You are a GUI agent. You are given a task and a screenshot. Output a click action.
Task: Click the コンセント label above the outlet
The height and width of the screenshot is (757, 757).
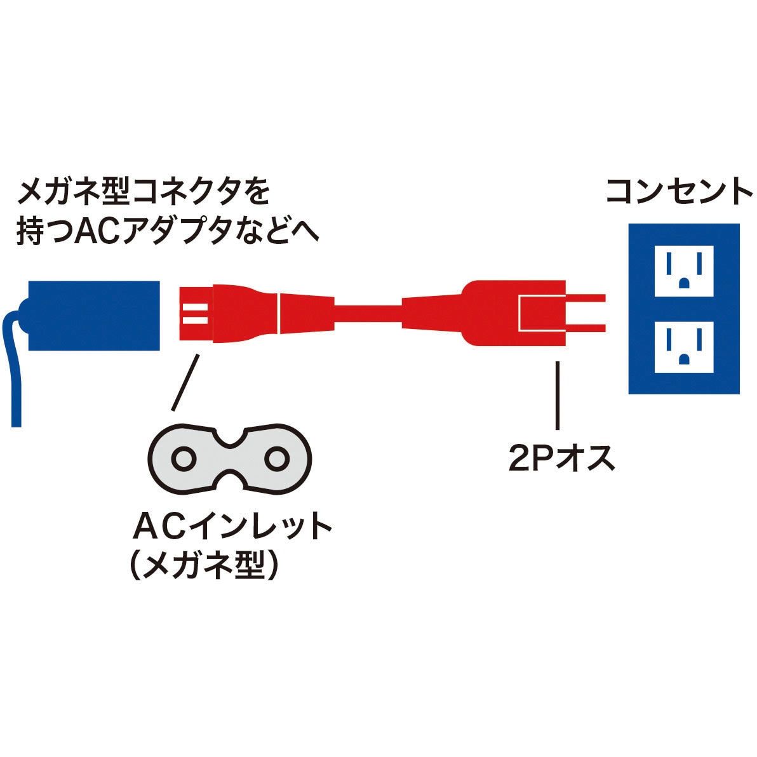pos(679,191)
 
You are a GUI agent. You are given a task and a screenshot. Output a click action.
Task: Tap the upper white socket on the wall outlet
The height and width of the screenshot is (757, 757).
pos(684,271)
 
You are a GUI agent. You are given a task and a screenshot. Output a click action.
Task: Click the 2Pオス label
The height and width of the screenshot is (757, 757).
pos(561,458)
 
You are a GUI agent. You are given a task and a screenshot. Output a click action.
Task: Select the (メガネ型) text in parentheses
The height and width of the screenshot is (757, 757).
pos(204,563)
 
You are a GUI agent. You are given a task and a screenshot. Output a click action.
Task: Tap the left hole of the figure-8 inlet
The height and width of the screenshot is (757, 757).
pos(184,459)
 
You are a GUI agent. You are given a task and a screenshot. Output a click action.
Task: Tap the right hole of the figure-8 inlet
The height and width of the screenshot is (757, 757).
pos(277,459)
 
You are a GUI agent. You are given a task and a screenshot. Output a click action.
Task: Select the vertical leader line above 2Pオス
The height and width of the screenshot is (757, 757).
pos(558,395)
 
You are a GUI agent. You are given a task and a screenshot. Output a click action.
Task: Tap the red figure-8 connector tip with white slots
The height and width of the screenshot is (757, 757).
pos(196,314)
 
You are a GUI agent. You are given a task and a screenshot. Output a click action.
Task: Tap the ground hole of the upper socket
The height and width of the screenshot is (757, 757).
pos(684,282)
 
